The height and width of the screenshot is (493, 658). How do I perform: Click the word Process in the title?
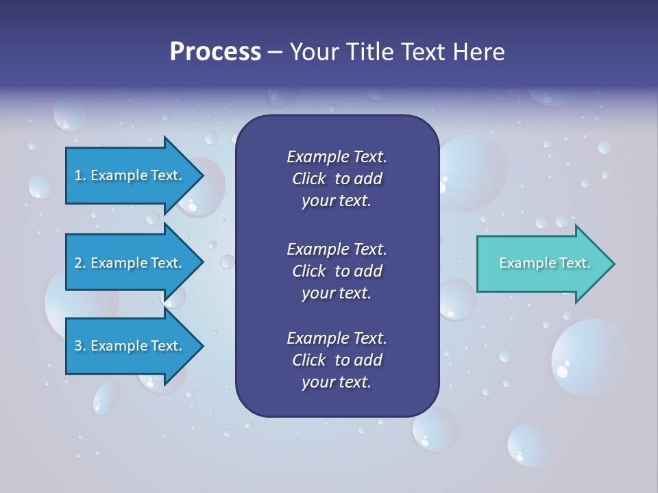[x=215, y=52]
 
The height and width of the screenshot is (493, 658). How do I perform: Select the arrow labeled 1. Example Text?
[x=130, y=175]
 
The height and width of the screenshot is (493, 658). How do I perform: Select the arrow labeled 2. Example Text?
[x=130, y=263]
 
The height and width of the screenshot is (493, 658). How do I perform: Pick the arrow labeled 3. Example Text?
[x=130, y=346]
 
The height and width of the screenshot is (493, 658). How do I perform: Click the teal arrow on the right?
[x=541, y=264]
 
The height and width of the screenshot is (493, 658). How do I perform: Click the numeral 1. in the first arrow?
[x=80, y=175]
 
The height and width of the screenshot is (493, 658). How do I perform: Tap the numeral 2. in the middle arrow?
[x=80, y=263]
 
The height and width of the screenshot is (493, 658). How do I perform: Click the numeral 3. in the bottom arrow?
[x=80, y=346]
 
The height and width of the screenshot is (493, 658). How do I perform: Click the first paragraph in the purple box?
[x=337, y=179]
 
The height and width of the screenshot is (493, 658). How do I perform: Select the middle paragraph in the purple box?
[x=337, y=270]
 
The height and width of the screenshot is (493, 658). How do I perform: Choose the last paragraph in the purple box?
[x=337, y=359]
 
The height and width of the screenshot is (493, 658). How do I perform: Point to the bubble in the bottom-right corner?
[x=528, y=444]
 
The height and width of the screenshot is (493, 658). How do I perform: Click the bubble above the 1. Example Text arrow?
[x=69, y=114]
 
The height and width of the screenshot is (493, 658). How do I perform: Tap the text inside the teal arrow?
[x=544, y=263]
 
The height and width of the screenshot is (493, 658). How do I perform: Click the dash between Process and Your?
[x=275, y=53]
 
